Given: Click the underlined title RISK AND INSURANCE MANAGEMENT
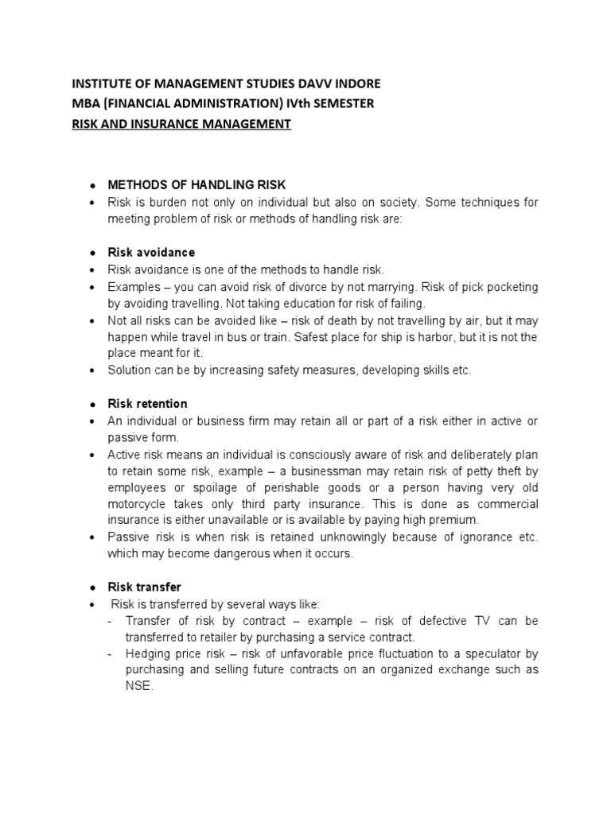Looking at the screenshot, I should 182,125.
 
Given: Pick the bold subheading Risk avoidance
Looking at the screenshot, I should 151,252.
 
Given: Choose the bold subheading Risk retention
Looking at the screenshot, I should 148,404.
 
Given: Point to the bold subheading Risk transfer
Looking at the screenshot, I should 145,587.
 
